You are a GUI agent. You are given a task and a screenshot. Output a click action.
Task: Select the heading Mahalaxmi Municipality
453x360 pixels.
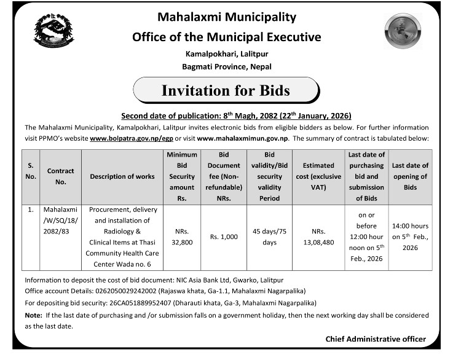(227, 17)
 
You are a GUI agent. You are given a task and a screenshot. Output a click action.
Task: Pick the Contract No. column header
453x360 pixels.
(60, 176)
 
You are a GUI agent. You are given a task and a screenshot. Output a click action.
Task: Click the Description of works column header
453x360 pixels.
(122, 177)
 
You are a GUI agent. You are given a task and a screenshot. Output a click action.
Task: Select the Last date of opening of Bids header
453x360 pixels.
(410, 176)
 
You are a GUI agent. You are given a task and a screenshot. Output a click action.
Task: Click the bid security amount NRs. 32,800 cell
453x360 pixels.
(181, 237)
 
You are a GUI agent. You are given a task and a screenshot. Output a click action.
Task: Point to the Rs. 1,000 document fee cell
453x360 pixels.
(223, 237)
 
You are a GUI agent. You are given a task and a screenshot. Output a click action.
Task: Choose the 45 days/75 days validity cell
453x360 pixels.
(269, 237)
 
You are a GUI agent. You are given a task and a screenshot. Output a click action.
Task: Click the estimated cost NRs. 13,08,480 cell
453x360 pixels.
(318, 237)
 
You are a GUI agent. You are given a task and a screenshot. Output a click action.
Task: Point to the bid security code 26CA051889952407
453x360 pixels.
(127, 303)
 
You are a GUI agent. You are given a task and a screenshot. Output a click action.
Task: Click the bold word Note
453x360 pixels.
(33, 315)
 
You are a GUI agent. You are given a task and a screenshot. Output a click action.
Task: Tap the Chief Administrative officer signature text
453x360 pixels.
(375, 339)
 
